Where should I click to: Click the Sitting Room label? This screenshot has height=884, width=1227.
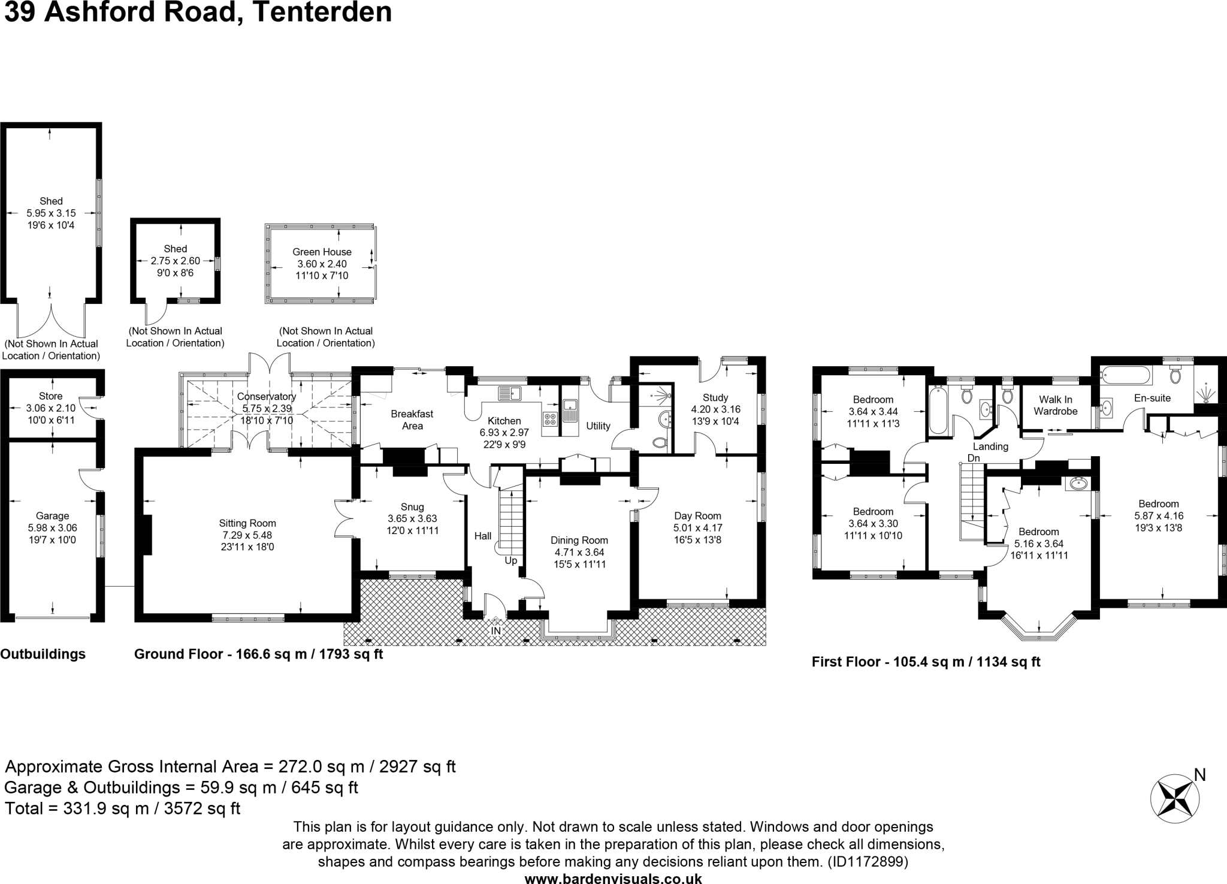247,523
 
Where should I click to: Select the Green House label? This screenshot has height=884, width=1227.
322,252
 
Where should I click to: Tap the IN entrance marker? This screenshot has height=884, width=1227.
496,631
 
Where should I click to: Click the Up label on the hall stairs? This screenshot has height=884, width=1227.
510,561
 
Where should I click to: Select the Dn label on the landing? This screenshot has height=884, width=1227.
974,458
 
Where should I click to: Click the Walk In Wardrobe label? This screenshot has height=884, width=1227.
1056,405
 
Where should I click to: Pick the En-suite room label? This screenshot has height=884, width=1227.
1152,397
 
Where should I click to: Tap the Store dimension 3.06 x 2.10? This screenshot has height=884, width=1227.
51,408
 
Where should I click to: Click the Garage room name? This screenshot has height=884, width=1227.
53,515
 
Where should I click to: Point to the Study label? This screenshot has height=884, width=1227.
715,397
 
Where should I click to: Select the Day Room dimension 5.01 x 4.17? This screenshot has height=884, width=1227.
697,527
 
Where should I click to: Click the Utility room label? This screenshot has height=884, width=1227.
598,426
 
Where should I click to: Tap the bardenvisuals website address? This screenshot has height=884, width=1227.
613,879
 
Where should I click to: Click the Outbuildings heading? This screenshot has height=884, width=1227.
43,654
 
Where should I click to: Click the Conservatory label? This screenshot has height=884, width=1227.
267,396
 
